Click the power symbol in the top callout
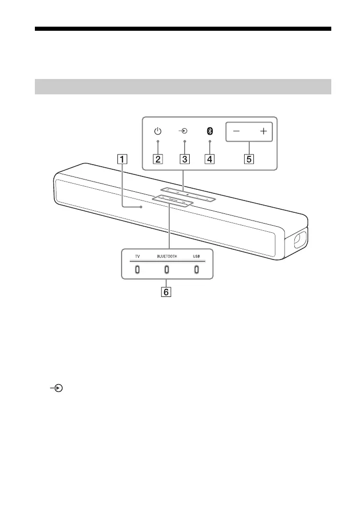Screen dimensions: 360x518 click(x=158, y=131)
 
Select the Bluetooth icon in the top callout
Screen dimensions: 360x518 click(x=210, y=131)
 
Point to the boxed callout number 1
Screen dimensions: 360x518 click(x=122, y=159)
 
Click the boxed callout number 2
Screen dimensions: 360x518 click(x=158, y=159)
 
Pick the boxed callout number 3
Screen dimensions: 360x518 click(x=184, y=159)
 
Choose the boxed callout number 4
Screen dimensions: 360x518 click(x=210, y=159)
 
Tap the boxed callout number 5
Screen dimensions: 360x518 click(x=249, y=159)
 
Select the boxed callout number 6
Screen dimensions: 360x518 click(x=167, y=292)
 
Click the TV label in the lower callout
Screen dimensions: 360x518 click(x=137, y=256)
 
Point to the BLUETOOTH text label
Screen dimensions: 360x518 click(x=167, y=256)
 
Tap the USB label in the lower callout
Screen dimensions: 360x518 click(x=196, y=256)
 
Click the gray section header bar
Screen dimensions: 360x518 click(x=183, y=87)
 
